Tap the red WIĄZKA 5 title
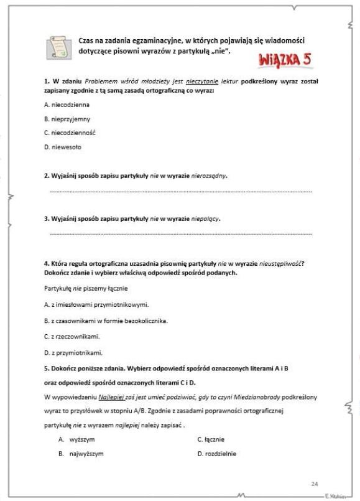click(x=283, y=61)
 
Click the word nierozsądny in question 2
click(x=209, y=176)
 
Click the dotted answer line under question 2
click(x=180, y=191)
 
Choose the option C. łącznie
click(x=211, y=439)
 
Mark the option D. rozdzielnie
click(x=216, y=454)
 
